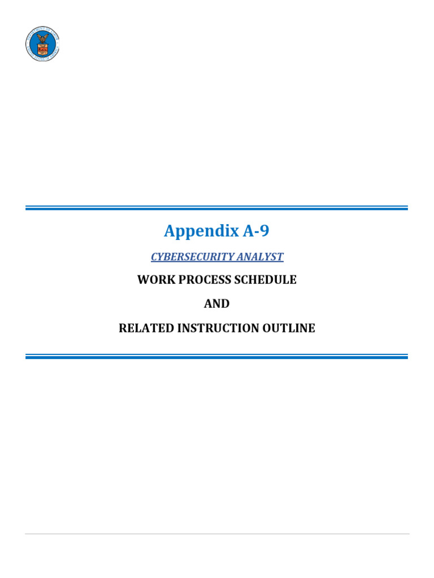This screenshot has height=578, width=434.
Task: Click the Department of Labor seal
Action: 42,43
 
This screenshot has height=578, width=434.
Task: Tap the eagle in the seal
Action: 42,40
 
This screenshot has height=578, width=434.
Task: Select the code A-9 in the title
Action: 256,231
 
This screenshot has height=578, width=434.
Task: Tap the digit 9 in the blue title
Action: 265,231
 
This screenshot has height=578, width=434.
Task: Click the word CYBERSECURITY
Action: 193,257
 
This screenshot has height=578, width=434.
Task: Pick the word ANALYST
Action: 261,257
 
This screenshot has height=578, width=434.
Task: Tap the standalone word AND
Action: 217,304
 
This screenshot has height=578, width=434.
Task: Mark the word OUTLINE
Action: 291,328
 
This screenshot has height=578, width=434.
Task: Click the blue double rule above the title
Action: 216,208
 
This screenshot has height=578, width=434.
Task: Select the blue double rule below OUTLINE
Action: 216,356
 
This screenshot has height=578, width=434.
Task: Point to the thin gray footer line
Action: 217,533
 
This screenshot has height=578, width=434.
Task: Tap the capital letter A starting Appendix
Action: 170,231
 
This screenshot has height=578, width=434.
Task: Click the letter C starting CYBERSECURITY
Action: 154,257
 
